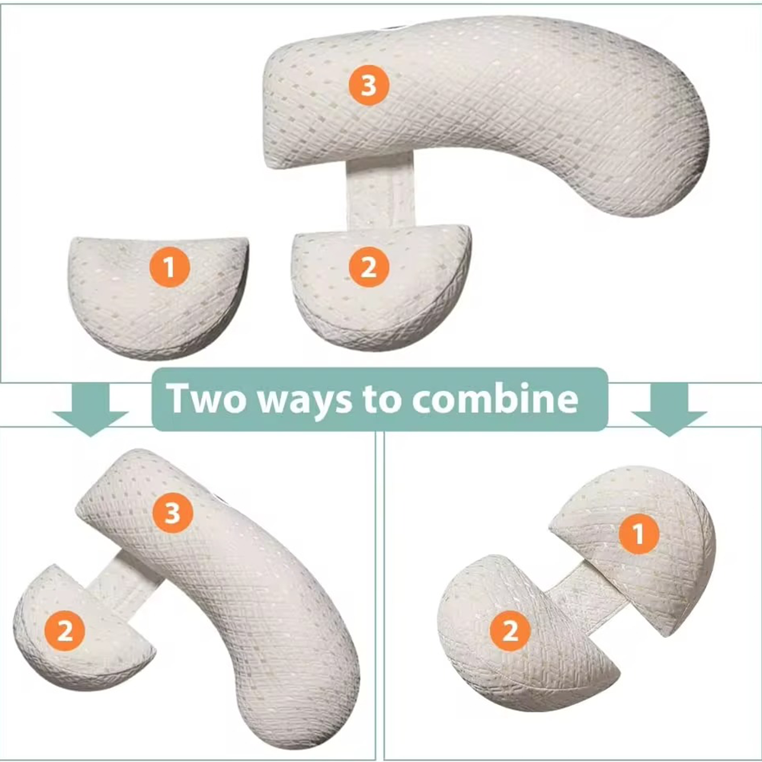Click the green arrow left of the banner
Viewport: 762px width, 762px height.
90,408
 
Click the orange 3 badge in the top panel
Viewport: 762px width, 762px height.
369,85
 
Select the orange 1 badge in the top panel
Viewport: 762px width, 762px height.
169,267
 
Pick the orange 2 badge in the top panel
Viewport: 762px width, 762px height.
369,267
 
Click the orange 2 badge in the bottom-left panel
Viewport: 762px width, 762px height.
65,630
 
